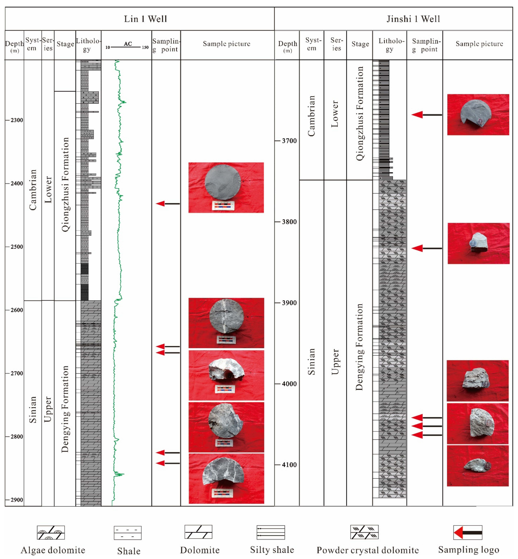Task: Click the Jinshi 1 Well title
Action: coord(413,19)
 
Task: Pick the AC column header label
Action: coord(128,44)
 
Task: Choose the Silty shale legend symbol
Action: coord(271,532)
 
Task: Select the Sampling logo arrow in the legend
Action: coord(468,532)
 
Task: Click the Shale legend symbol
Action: coord(127,533)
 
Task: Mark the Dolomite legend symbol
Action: coord(198,532)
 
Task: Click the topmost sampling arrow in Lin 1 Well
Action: coord(168,204)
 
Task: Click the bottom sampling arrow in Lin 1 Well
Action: coord(168,463)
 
